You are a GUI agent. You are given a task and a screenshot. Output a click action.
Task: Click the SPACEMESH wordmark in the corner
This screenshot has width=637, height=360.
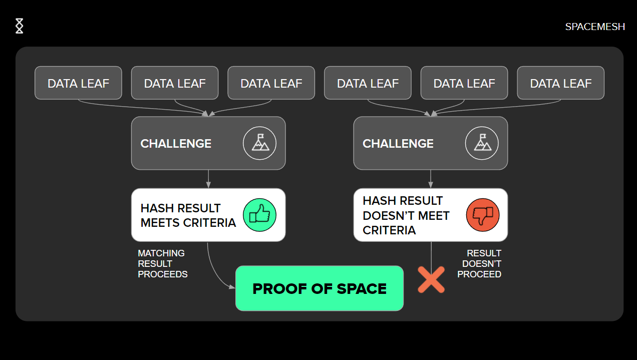click(595, 27)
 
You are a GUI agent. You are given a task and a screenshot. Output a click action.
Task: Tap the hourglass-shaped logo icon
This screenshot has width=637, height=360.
click(20, 26)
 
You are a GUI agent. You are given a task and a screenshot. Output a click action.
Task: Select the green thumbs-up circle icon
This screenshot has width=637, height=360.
click(259, 215)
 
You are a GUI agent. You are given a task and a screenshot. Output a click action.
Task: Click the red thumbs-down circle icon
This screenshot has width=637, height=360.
click(483, 215)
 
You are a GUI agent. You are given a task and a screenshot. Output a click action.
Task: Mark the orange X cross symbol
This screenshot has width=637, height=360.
click(431, 279)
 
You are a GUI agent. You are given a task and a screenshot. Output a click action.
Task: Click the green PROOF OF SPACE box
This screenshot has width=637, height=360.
click(320, 288)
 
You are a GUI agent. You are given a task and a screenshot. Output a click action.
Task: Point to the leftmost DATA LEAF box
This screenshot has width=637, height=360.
click(78, 83)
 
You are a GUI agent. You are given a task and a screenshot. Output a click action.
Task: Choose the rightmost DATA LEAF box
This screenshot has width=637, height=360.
click(561, 83)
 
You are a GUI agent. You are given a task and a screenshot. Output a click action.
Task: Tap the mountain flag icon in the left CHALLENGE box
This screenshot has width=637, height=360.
click(259, 143)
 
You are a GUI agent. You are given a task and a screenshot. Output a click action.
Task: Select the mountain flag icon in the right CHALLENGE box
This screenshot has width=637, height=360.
click(482, 143)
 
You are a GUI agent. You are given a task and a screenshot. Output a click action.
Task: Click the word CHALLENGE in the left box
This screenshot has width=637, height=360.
click(176, 144)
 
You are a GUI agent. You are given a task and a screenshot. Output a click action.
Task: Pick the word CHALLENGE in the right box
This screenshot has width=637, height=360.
click(398, 144)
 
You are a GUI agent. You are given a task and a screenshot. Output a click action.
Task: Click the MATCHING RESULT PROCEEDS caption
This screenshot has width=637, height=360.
click(163, 263)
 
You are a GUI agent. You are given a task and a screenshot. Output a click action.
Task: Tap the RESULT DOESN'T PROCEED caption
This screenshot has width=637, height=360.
click(479, 263)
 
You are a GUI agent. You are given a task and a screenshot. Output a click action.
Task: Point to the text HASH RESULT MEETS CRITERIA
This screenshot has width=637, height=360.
click(188, 215)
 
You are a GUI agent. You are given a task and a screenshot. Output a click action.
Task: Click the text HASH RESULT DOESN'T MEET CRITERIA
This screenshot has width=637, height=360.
click(406, 215)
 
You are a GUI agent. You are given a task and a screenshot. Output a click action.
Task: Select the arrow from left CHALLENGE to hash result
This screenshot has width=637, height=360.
click(208, 179)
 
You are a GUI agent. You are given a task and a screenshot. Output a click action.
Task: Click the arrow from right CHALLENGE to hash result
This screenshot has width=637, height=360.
click(431, 179)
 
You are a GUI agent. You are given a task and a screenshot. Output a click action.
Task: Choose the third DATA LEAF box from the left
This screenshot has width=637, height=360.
click(271, 83)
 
